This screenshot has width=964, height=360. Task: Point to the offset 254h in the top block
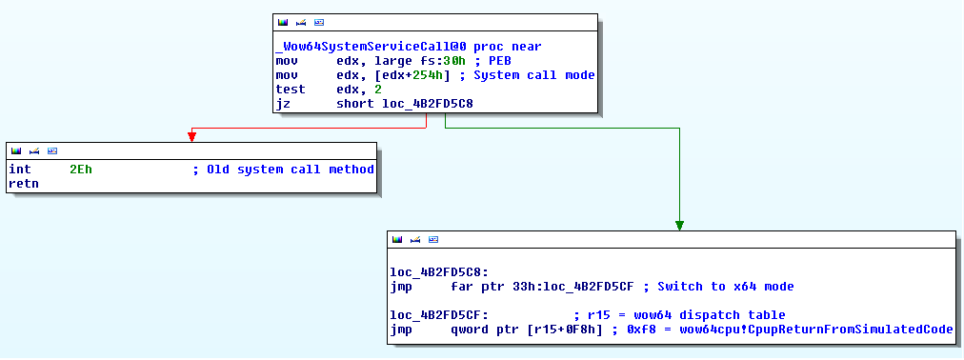point(424,75)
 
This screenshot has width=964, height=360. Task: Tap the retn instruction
point(23,184)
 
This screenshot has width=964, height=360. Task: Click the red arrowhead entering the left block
point(191,137)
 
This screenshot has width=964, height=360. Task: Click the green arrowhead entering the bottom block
point(679,225)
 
